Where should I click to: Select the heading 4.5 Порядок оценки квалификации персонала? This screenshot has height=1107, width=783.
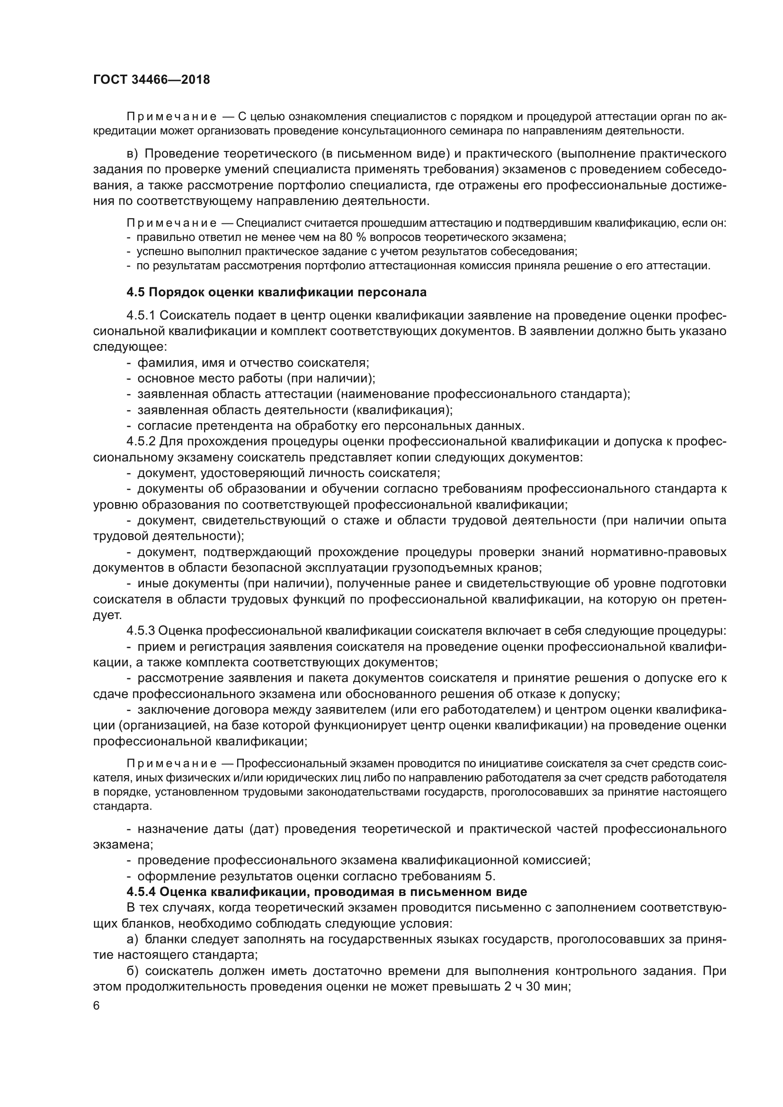click(276, 292)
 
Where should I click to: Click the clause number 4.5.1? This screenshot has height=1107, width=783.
click(141, 316)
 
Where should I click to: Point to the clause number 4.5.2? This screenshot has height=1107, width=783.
click(141, 442)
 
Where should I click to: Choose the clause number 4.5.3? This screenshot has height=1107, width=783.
click(141, 630)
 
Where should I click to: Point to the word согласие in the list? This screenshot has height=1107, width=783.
click(160, 426)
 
